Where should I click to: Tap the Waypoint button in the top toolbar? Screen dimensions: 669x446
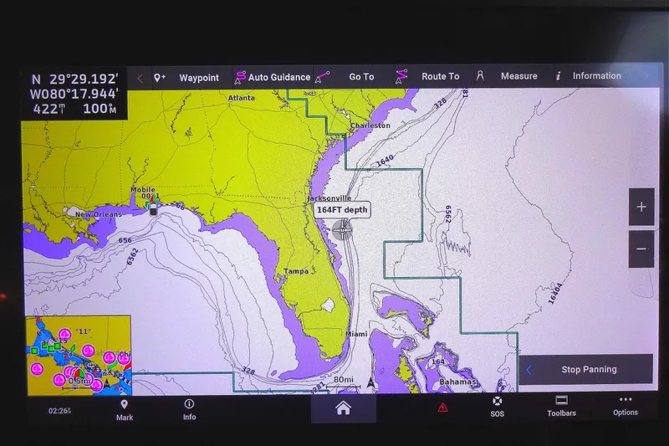tap(189, 77)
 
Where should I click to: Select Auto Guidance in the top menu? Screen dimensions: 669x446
tap(273, 77)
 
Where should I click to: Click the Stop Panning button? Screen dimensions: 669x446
tap(588, 369)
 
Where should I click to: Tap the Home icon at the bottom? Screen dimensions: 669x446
tap(343, 408)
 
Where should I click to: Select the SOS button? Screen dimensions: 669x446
tap(498, 407)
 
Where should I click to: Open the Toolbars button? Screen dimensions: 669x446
tap(561, 407)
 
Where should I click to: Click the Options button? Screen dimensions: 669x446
tap(626, 407)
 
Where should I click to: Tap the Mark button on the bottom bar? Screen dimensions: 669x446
tap(125, 410)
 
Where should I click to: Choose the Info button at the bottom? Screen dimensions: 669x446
tap(190, 410)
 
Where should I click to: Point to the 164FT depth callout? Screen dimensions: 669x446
tap(343, 209)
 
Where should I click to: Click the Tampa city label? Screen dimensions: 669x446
tap(296, 271)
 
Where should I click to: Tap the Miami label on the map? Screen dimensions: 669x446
tap(356, 334)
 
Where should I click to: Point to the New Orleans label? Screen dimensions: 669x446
tap(99, 215)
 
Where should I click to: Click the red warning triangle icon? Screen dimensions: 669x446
tap(442, 408)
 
